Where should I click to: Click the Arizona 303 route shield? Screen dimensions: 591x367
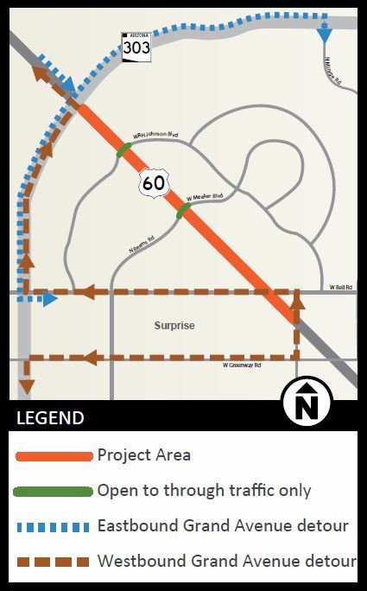pyautogui.click(x=136, y=47)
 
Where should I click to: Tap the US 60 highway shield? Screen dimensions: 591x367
pyautogui.click(x=154, y=181)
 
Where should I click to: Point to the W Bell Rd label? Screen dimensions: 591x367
pyautogui.click(x=341, y=285)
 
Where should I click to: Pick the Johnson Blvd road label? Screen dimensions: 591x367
pyautogui.click(x=155, y=135)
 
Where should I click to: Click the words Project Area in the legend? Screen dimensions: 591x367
pyautogui.click(x=144, y=455)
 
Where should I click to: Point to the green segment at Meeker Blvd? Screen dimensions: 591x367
pyautogui.click(x=183, y=210)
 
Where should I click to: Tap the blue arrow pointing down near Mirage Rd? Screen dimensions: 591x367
pyautogui.click(x=325, y=35)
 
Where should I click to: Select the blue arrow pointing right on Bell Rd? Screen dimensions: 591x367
pyautogui.click(x=50, y=299)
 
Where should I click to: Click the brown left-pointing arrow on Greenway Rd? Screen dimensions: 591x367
pyautogui.click(x=89, y=356)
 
